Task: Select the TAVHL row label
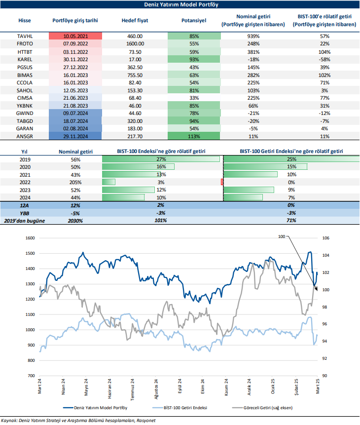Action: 25,37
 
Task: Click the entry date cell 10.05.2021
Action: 75,37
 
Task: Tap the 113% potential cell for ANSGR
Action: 194,136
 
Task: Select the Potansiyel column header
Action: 194,21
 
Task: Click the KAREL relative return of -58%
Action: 324,59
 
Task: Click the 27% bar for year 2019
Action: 161,159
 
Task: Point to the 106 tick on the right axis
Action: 326,238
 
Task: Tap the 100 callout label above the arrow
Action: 282,237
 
